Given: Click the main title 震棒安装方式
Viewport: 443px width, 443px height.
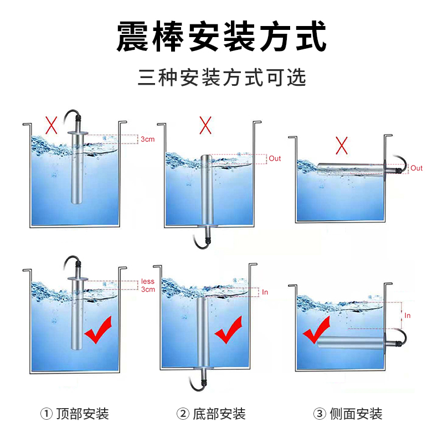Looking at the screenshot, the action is (x=221, y=37).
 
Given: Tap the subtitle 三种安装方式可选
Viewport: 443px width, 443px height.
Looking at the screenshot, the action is (x=222, y=77).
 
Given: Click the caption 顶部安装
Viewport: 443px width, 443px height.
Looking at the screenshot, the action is (x=83, y=414).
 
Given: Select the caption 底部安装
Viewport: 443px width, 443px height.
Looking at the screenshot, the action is (x=219, y=414).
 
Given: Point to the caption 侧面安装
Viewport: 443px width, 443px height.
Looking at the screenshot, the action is (x=356, y=414).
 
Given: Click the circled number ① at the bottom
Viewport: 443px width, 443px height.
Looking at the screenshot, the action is (x=47, y=414).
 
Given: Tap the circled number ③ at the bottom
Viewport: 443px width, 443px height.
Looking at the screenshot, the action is (x=320, y=414).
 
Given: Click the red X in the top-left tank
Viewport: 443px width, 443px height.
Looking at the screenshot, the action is (x=51, y=125).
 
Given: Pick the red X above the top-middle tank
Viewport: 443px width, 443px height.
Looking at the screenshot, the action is (x=205, y=125).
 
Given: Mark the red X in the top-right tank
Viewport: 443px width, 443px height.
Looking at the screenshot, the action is (x=342, y=145).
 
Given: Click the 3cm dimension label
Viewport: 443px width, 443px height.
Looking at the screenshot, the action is (x=148, y=139).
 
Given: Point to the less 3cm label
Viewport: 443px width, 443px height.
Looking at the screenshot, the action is (x=148, y=285).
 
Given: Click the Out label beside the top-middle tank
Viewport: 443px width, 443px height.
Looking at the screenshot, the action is (x=275, y=158).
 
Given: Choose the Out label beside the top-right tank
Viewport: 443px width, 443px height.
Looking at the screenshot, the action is (x=416, y=168).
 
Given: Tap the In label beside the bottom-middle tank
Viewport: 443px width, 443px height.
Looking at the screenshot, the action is (x=265, y=292).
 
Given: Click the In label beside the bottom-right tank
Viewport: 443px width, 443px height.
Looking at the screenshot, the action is (x=407, y=316).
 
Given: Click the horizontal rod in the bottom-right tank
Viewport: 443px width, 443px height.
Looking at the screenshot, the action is (x=351, y=342).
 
